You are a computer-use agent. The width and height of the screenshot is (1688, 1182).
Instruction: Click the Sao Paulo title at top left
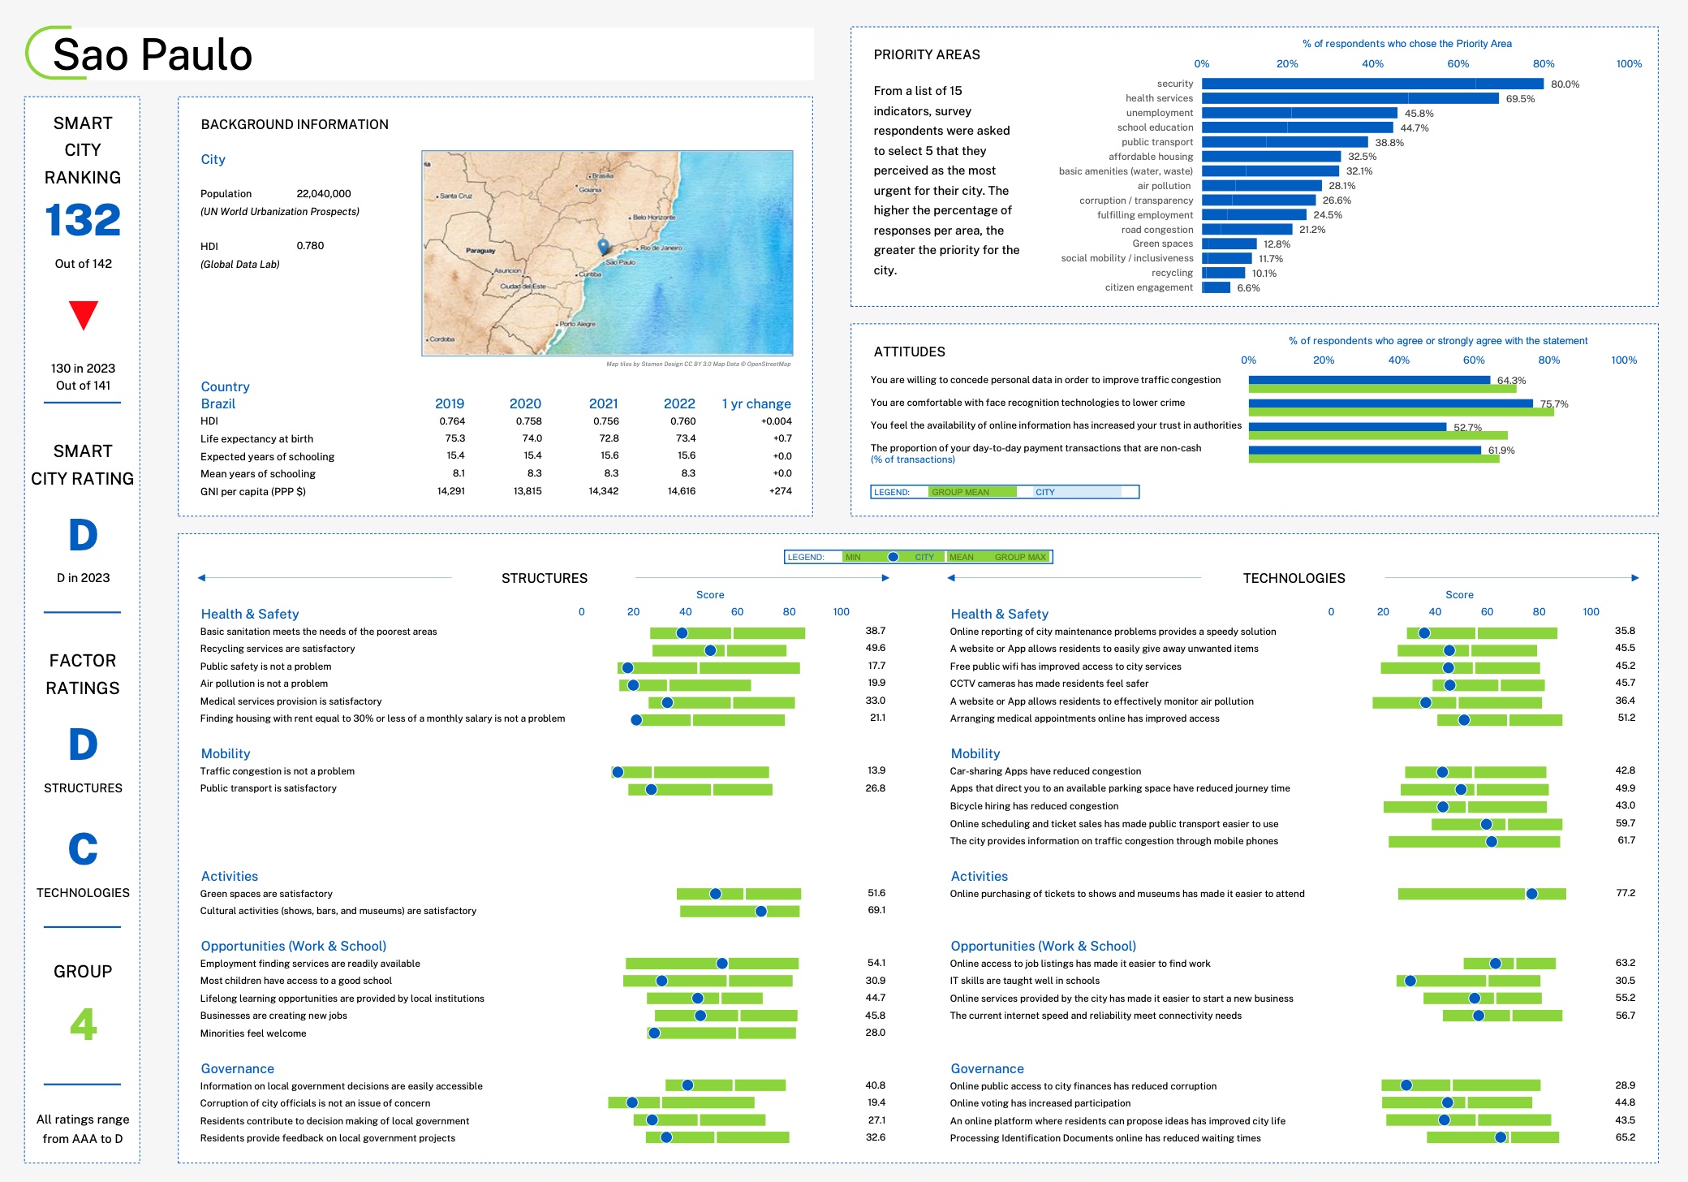(153, 55)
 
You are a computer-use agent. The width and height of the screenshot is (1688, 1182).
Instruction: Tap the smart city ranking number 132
(83, 220)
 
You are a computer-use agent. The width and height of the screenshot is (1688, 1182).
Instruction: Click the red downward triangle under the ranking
(83, 314)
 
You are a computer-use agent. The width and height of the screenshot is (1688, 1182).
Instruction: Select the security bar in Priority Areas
(1371, 84)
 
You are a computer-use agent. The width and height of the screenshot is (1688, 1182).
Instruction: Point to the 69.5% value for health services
(1520, 99)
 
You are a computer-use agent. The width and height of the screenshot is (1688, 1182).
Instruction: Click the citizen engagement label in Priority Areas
(1148, 287)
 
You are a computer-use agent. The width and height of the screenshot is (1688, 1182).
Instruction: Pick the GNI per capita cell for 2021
(603, 491)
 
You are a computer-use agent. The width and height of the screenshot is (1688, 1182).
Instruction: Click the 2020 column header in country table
(525, 403)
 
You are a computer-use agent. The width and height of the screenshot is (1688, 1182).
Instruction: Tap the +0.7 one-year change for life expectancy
(782, 438)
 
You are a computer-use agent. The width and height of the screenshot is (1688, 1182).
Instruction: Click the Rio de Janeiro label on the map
(661, 248)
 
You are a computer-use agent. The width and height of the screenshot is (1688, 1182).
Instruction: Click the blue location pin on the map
(603, 245)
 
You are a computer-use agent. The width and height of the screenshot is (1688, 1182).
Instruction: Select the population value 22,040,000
(324, 193)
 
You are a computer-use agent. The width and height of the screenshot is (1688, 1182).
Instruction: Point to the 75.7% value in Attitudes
(1554, 403)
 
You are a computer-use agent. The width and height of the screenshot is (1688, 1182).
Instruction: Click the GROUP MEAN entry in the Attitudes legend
(960, 492)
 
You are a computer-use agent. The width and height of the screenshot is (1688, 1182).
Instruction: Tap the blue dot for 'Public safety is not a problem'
(627, 668)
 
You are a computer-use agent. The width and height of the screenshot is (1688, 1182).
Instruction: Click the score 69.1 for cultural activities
(876, 910)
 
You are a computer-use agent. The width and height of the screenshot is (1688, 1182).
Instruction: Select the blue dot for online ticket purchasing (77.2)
(1531, 894)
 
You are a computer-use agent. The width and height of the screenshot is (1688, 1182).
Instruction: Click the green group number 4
(83, 1024)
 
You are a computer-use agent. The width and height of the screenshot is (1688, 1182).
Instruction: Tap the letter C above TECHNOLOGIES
(83, 849)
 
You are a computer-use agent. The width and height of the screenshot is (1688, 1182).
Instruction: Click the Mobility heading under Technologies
(975, 753)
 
